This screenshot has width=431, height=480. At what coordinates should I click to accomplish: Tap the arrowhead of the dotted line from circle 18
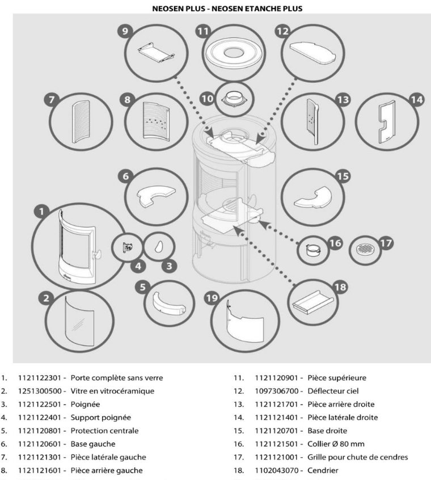[x=237, y=228]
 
